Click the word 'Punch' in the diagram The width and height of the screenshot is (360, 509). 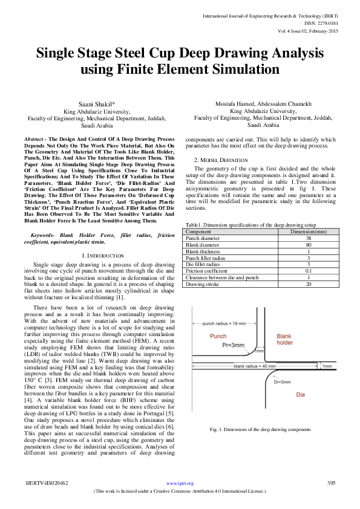pyautogui.click(x=218, y=336)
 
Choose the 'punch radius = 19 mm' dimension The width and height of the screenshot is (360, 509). pyautogui.click(x=215, y=324)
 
